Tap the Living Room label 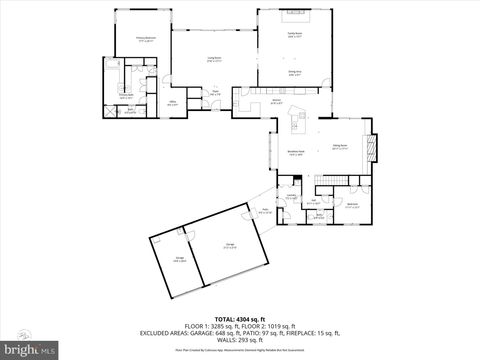click(x=214, y=59)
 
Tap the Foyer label click(x=215, y=92)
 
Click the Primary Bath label click(x=125, y=96)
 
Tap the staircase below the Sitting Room click(x=331, y=181)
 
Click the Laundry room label click(x=291, y=197)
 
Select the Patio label click(x=265, y=211)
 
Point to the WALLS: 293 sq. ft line click(x=239, y=338)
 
